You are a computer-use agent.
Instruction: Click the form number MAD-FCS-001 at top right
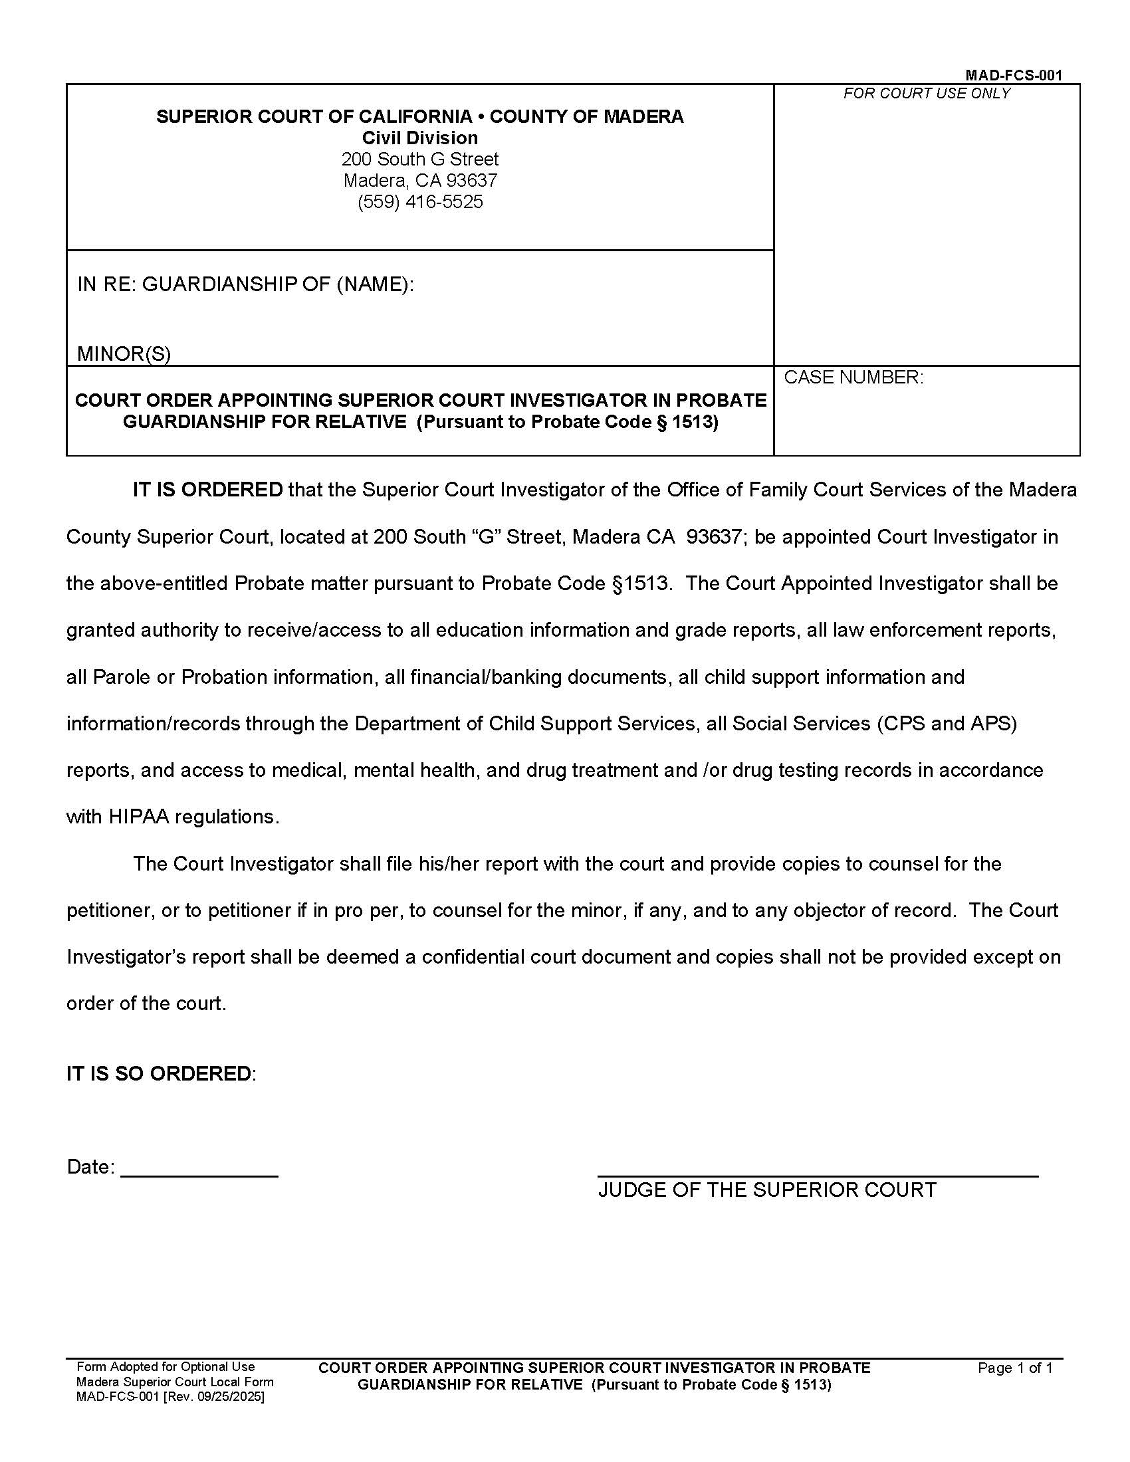click(x=1013, y=75)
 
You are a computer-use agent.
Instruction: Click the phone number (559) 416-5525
click(x=419, y=202)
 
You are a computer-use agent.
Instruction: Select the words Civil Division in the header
click(x=419, y=138)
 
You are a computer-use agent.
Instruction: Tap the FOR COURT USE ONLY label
click(x=927, y=94)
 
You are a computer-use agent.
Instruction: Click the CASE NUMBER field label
click(x=853, y=377)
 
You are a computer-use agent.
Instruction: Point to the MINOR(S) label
click(x=124, y=354)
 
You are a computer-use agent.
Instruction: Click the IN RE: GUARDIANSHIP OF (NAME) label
click(x=246, y=284)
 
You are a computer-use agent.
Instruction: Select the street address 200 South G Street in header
click(x=419, y=159)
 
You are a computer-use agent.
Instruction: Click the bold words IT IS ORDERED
click(x=207, y=490)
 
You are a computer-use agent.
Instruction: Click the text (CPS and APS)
click(x=947, y=724)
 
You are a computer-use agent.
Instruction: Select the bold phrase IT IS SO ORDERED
click(x=159, y=1074)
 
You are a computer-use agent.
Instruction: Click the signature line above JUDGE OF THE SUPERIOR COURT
click(x=818, y=1175)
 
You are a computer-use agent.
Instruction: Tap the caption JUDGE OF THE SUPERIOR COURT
click(x=767, y=1190)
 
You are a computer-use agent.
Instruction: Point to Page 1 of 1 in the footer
click(x=1015, y=1368)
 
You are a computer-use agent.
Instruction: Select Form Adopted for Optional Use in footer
click(x=166, y=1367)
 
